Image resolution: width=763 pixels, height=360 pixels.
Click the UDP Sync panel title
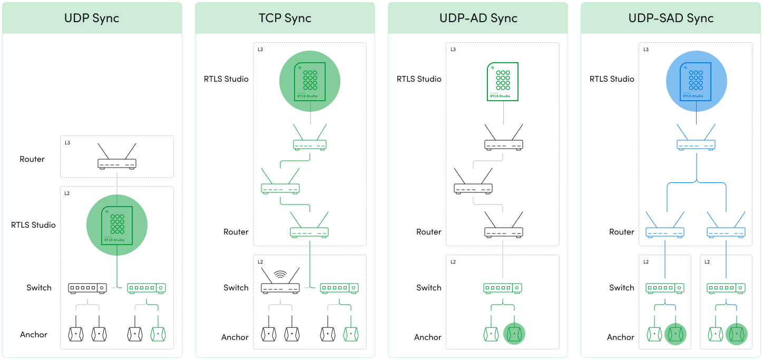(92, 18)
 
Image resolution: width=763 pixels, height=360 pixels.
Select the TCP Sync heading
(285, 18)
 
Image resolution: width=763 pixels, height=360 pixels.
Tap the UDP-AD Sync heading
(478, 18)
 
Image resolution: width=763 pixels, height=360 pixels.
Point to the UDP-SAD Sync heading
(671, 18)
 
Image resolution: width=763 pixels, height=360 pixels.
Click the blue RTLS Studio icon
(696, 81)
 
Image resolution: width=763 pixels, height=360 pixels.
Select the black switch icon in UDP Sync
(87, 288)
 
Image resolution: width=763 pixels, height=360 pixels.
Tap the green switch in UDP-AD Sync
(503, 288)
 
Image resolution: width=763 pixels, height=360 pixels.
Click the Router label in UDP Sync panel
(32, 159)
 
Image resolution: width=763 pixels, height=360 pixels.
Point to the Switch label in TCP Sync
(236, 288)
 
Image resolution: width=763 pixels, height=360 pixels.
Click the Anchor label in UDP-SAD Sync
(621, 337)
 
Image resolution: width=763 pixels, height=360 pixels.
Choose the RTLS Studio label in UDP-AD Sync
(419, 79)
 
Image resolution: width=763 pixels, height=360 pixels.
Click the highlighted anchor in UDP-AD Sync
(514, 334)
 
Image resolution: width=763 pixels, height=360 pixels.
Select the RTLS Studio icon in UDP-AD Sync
(503, 82)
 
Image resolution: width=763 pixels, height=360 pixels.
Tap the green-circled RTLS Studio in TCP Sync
(310, 81)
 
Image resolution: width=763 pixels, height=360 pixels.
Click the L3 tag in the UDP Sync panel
(67, 143)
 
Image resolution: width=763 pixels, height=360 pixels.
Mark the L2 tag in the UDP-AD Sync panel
(453, 262)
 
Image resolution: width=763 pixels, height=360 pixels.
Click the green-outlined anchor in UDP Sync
(158, 334)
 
